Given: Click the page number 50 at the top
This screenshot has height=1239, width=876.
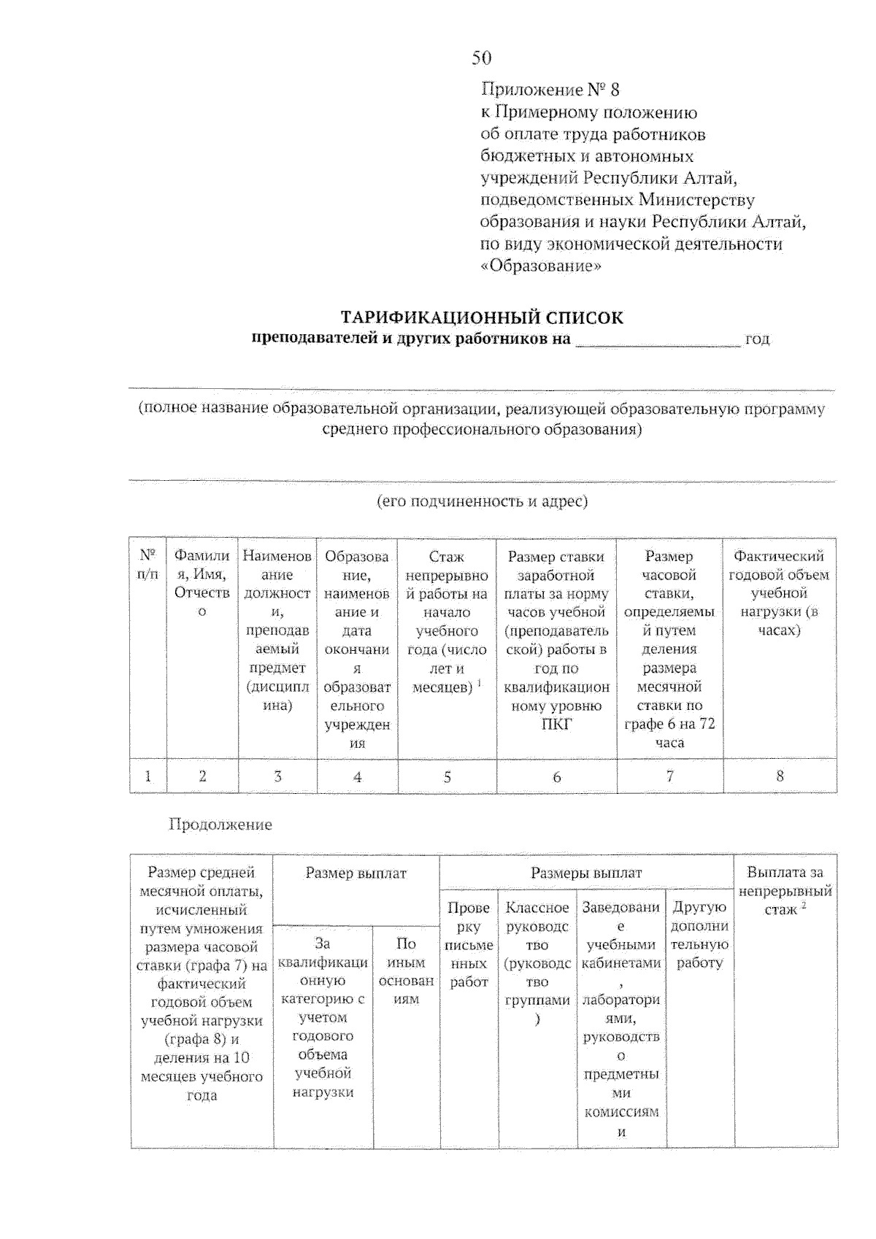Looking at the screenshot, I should coord(481,58).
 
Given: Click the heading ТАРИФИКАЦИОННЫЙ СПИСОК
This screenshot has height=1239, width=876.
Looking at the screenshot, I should coord(483,317).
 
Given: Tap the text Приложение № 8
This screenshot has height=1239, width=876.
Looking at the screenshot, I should coord(550,90).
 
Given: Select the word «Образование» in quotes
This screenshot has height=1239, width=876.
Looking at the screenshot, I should coord(541,266).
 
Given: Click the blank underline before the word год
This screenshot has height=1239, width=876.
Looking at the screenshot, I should coord(657,341).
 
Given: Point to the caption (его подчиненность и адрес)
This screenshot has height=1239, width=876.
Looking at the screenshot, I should coord(483,501).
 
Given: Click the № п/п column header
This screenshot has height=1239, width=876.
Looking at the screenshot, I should coord(147,565).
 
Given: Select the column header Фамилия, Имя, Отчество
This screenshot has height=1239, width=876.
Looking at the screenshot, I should coord(201,584).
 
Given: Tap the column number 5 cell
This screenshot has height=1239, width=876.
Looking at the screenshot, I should coord(447,777).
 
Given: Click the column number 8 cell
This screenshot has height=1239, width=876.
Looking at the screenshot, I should coord(780,776).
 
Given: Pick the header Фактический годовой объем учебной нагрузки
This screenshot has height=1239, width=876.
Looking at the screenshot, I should coord(779,593).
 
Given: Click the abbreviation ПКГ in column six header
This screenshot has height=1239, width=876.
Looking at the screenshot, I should coord(556,725).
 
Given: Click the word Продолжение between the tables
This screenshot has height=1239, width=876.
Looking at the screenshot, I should coord(220,825).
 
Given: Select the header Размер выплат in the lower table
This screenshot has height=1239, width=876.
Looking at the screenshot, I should coord(356,873).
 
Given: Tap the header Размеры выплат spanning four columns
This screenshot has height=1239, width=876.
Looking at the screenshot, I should coord(586,873).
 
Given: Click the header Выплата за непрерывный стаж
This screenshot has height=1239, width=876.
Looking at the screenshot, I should coord(785,890).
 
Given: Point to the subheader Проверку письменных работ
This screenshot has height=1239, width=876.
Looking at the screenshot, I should coord(469,945).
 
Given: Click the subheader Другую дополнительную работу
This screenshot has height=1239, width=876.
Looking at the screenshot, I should coord(699,935).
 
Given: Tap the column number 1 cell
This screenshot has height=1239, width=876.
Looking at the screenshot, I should coord(147,776).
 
